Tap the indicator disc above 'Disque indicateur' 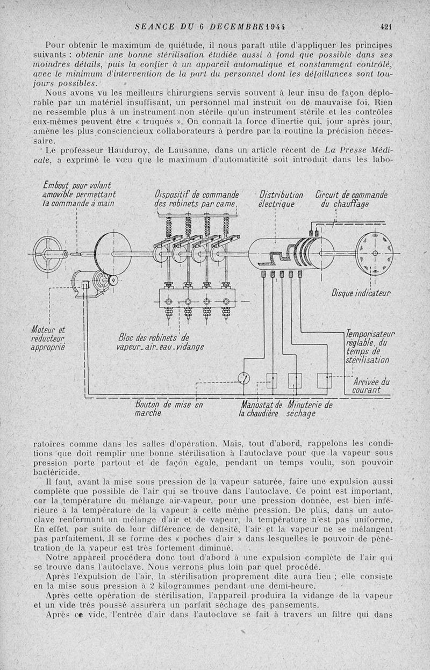[374, 252]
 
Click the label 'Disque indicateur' [361, 293]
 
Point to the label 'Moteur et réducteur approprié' [47, 338]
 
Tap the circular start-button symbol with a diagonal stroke [245, 379]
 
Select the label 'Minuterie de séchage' [310, 409]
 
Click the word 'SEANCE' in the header [155, 26]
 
